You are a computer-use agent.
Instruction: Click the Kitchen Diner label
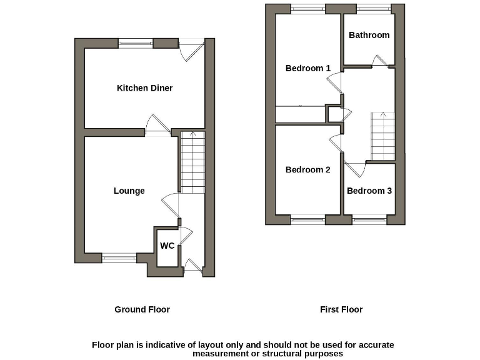[x=144, y=88]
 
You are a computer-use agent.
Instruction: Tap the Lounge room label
[x=129, y=191]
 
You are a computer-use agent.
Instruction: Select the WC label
[x=167, y=246]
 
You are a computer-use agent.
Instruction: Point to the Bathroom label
[x=369, y=35]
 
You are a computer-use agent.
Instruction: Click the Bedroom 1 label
[x=307, y=68]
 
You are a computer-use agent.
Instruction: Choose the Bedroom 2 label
[x=307, y=169]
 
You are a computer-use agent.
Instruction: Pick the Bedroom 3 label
[x=369, y=191]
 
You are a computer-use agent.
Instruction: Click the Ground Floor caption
[x=142, y=309]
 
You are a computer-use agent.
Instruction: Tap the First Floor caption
[x=341, y=309]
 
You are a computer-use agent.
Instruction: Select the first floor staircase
[x=383, y=136]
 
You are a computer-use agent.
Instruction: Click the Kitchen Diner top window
[x=136, y=43]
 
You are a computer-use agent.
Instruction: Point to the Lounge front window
[x=119, y=257]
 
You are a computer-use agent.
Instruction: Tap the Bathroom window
[x=374, y=8]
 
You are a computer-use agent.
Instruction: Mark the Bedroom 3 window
[x=369, y=219]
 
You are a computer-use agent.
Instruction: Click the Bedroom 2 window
[x=307, y=219]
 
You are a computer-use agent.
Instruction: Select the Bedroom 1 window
[x=307, y=8]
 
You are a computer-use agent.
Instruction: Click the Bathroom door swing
[x=379, y=61]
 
